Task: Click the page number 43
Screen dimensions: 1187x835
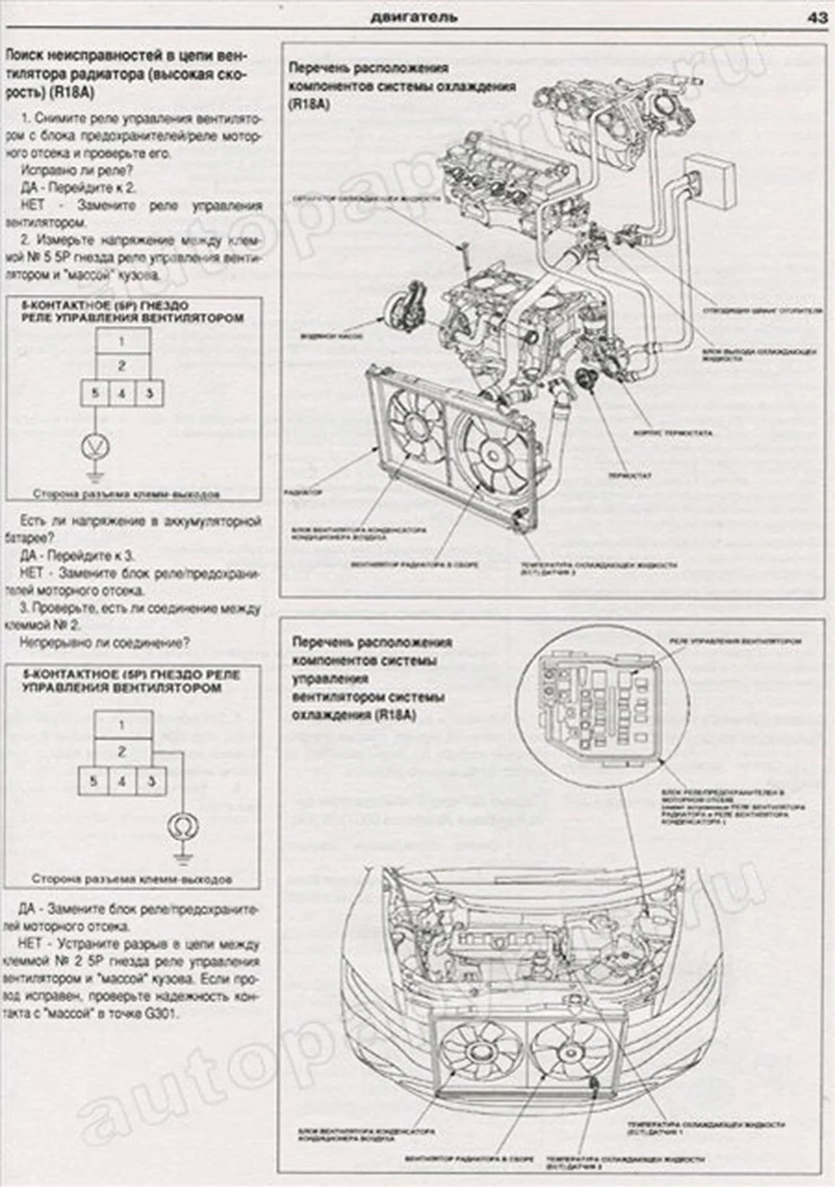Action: (x=818, y=17)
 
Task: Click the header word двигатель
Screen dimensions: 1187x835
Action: (x=414, y=17)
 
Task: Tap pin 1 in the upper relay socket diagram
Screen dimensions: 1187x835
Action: (x=123, y=342)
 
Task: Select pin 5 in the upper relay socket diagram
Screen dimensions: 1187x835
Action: (x=94, y=393)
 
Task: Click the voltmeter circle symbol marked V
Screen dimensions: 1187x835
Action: (x=94, y=446)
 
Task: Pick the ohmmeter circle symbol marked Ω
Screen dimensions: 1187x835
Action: (x=181, y=826)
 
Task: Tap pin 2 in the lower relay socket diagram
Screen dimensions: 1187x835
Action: (x=122, y=752)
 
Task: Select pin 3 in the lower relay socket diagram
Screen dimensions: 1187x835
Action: (x=152, y=782)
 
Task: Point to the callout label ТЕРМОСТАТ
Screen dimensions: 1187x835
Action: (x=630, y=476)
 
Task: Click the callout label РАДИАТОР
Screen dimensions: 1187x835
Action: (x=302, y=492)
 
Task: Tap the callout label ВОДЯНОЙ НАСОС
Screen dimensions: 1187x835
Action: (x=331, y=336)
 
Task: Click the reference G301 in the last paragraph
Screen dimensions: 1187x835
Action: (x=166, y=1014)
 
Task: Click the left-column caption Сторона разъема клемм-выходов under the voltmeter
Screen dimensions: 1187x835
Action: (x=126, y=495)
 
